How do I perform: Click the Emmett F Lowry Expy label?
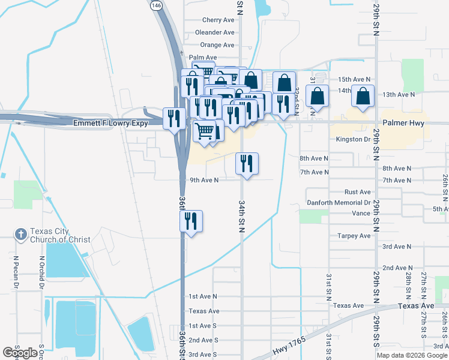[112, 123]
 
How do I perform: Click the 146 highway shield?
[156, 5]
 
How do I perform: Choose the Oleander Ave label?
[214, 32]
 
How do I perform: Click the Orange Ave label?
[217, 45]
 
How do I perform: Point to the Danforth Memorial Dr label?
[339, 203]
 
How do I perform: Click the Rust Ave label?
[357, 192]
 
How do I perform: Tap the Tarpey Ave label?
[354, 236]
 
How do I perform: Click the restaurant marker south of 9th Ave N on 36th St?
[191, 221]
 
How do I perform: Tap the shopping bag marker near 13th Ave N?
[363, 96]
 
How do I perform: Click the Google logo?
[20, 352]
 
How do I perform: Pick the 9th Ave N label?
[203, 179]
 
